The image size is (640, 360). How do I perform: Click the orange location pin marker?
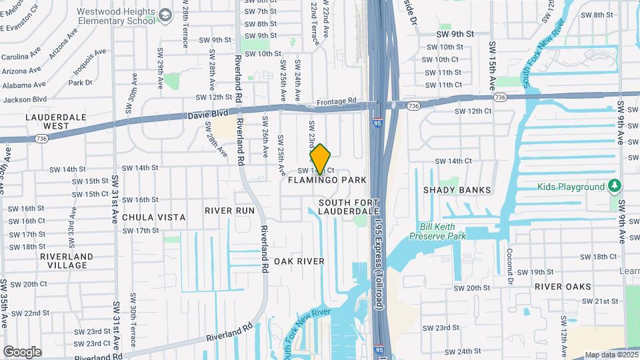[x=321, y=159]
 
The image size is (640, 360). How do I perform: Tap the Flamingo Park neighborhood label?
[x=327, y=180]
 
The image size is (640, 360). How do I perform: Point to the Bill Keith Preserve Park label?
[x=437, y=231]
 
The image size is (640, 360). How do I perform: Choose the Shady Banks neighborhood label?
[x=457, y=190]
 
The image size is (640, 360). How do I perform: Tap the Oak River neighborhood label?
[x=299, y=261]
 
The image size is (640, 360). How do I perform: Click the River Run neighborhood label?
[x=229, y=211]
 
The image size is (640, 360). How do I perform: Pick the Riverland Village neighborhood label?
[x=67, y=261]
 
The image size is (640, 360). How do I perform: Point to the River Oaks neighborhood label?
[x=563, y=287]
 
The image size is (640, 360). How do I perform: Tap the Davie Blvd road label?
[x=208, y=114]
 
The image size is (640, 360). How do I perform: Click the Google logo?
[x=22, y=352]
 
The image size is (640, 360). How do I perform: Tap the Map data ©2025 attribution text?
[x=611, y=355]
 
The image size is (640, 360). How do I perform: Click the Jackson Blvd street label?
[x=25, y=99]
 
